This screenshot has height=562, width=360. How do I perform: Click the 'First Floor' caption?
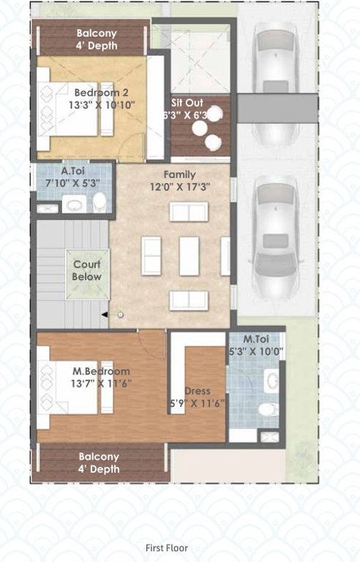click(167, 547)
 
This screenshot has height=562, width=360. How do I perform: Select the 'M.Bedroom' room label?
click(100, 371)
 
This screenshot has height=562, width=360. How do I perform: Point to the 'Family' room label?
click(179, 175)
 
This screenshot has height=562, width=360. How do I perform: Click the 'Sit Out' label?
click(187, 103)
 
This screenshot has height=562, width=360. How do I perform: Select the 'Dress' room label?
click(198, 391)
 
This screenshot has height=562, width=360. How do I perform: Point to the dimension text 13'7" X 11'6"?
click(100, 383)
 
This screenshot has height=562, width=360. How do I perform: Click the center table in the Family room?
click(190, 255)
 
